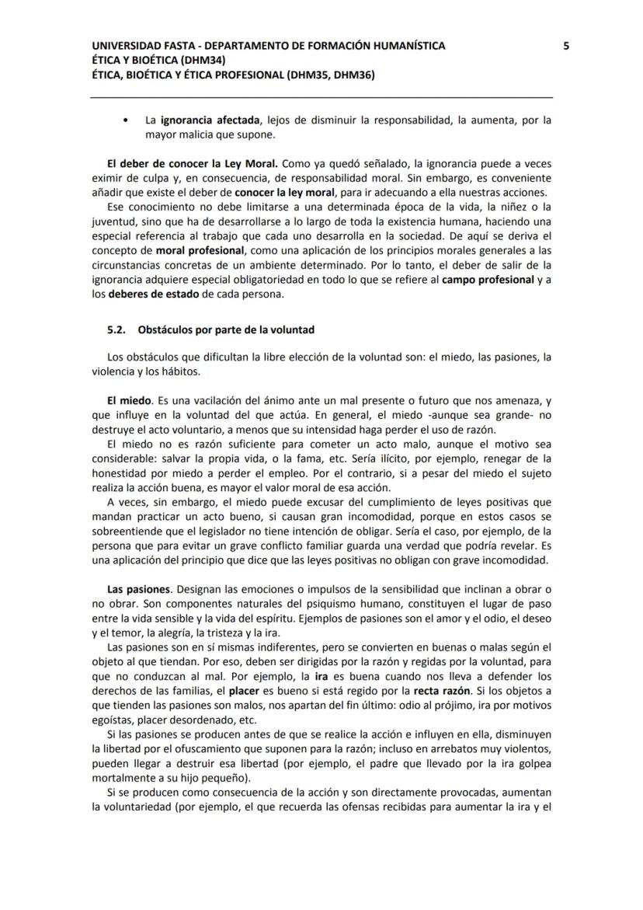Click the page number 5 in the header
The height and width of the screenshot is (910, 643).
(x=565, y=46)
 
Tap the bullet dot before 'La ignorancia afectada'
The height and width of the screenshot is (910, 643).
(x=126, y=120)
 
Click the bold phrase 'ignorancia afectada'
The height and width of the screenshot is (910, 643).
(x=208, y=120)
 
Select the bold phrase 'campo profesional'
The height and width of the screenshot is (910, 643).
(x=487, y=279)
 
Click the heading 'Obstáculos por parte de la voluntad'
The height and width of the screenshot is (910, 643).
(x=226, y=329)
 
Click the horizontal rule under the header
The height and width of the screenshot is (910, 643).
(x=321, y=97)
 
